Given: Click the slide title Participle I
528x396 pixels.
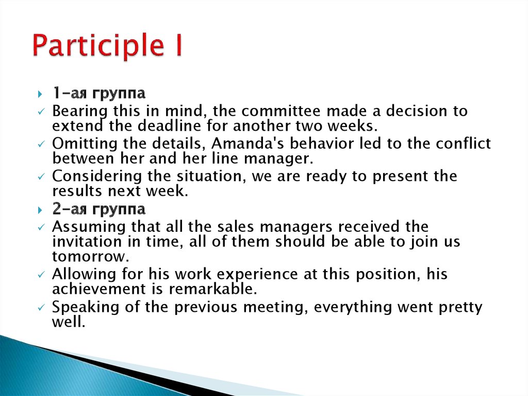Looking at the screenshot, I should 107,46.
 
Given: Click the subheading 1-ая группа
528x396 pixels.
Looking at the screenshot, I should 98,94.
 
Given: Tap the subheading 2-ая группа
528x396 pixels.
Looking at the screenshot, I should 99,210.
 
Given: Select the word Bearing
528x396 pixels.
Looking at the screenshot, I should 80,112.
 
